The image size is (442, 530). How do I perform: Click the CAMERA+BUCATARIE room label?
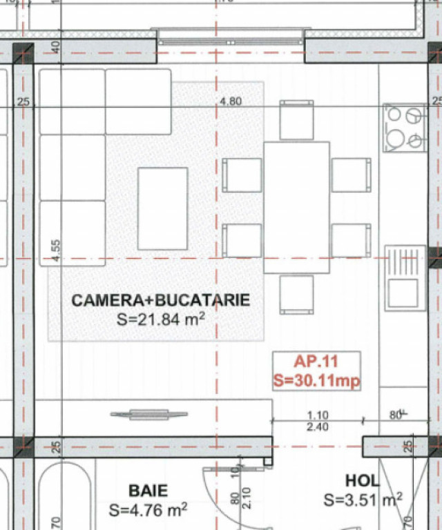[x=161, y=300]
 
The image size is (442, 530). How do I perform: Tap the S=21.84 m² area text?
[x=161, y=319]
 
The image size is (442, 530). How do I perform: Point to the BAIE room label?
[x=148, y=491]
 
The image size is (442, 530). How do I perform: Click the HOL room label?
[x=361, y=480]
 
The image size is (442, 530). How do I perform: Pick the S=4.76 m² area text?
[x=148, y=510]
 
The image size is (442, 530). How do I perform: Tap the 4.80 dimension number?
[x=231, y=101]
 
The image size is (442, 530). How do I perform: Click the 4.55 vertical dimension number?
[x=56, y=250]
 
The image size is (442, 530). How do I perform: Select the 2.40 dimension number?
[x=318, y=427]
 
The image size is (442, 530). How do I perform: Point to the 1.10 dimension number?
[x=318, y=415]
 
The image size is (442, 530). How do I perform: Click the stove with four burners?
[x=405, y=128]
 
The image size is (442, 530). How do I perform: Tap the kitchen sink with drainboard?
[x=405, y=278]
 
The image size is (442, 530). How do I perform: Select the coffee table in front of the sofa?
[x=163, y=208]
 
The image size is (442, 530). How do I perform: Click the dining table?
[x=296, y=207]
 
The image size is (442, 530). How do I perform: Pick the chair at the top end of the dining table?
[x=296, y=120]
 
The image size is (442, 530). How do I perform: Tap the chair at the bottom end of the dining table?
[x=296, y=295]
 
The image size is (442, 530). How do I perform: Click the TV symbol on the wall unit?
[x=148, y=414]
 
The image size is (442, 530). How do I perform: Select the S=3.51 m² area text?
[x=363, y=500]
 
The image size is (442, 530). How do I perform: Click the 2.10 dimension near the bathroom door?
[x=247, y=498]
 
